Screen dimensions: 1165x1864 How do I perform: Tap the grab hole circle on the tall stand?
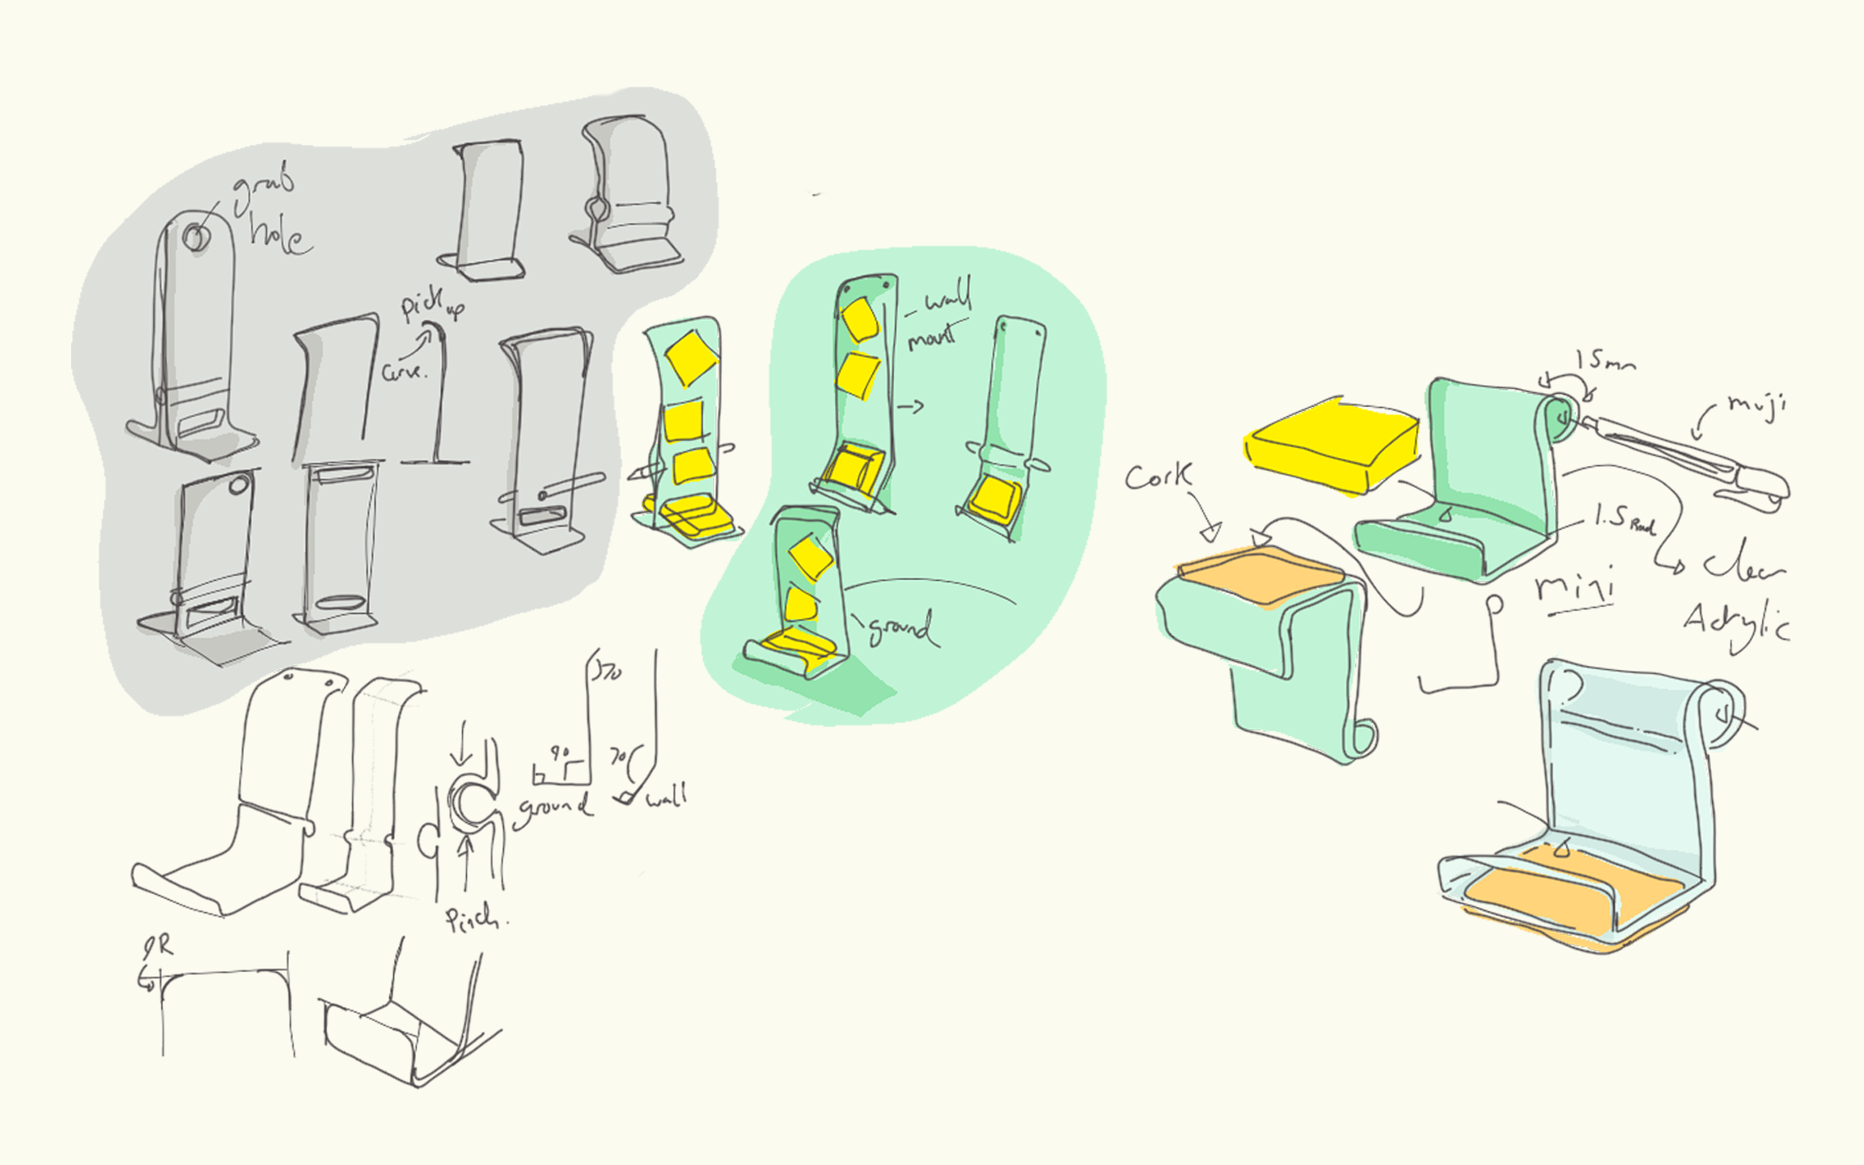coord(195,237)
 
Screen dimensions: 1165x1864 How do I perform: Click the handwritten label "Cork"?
coord(1159,477)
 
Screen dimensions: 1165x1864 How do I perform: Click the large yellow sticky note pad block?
coord(1330,444)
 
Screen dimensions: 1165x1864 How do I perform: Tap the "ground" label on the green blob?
coord(902,629)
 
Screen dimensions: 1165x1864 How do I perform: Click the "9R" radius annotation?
coord(158,947)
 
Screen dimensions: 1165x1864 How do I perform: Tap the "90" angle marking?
coord(558,754)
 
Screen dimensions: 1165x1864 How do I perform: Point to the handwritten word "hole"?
coord(277,235)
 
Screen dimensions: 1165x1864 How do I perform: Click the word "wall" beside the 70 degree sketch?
coord(667,797)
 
